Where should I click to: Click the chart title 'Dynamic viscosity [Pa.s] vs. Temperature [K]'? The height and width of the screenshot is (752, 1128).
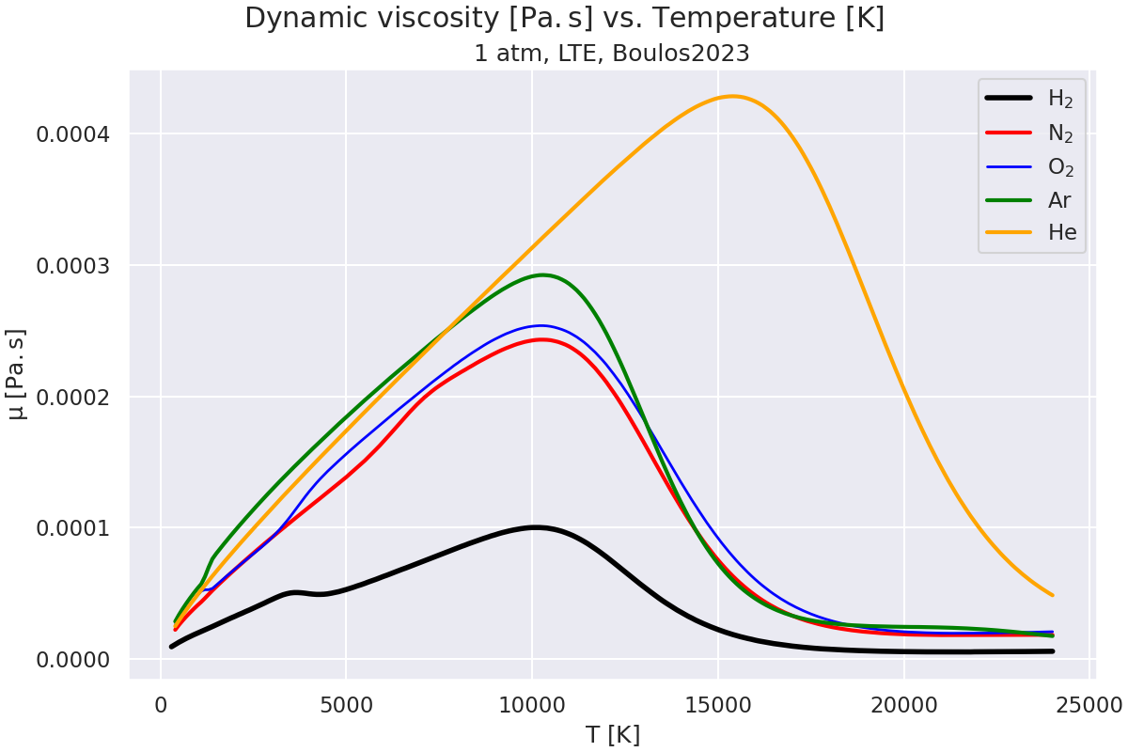pos(564,19)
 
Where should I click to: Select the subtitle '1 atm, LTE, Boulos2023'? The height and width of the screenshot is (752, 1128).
pos(611,54)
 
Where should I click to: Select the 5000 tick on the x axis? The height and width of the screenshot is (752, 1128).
pos(346,704)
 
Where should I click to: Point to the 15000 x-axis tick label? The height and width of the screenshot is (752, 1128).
pos(717,704)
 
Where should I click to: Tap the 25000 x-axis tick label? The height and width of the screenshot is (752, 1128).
pos(1089,704)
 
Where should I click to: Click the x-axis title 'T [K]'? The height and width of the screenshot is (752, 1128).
pos(612,734)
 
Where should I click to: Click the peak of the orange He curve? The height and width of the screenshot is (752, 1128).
pos(732,96)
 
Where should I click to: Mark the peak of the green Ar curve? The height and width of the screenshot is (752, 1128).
pos(542,274)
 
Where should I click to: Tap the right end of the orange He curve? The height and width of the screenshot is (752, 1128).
pos(1053,595)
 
